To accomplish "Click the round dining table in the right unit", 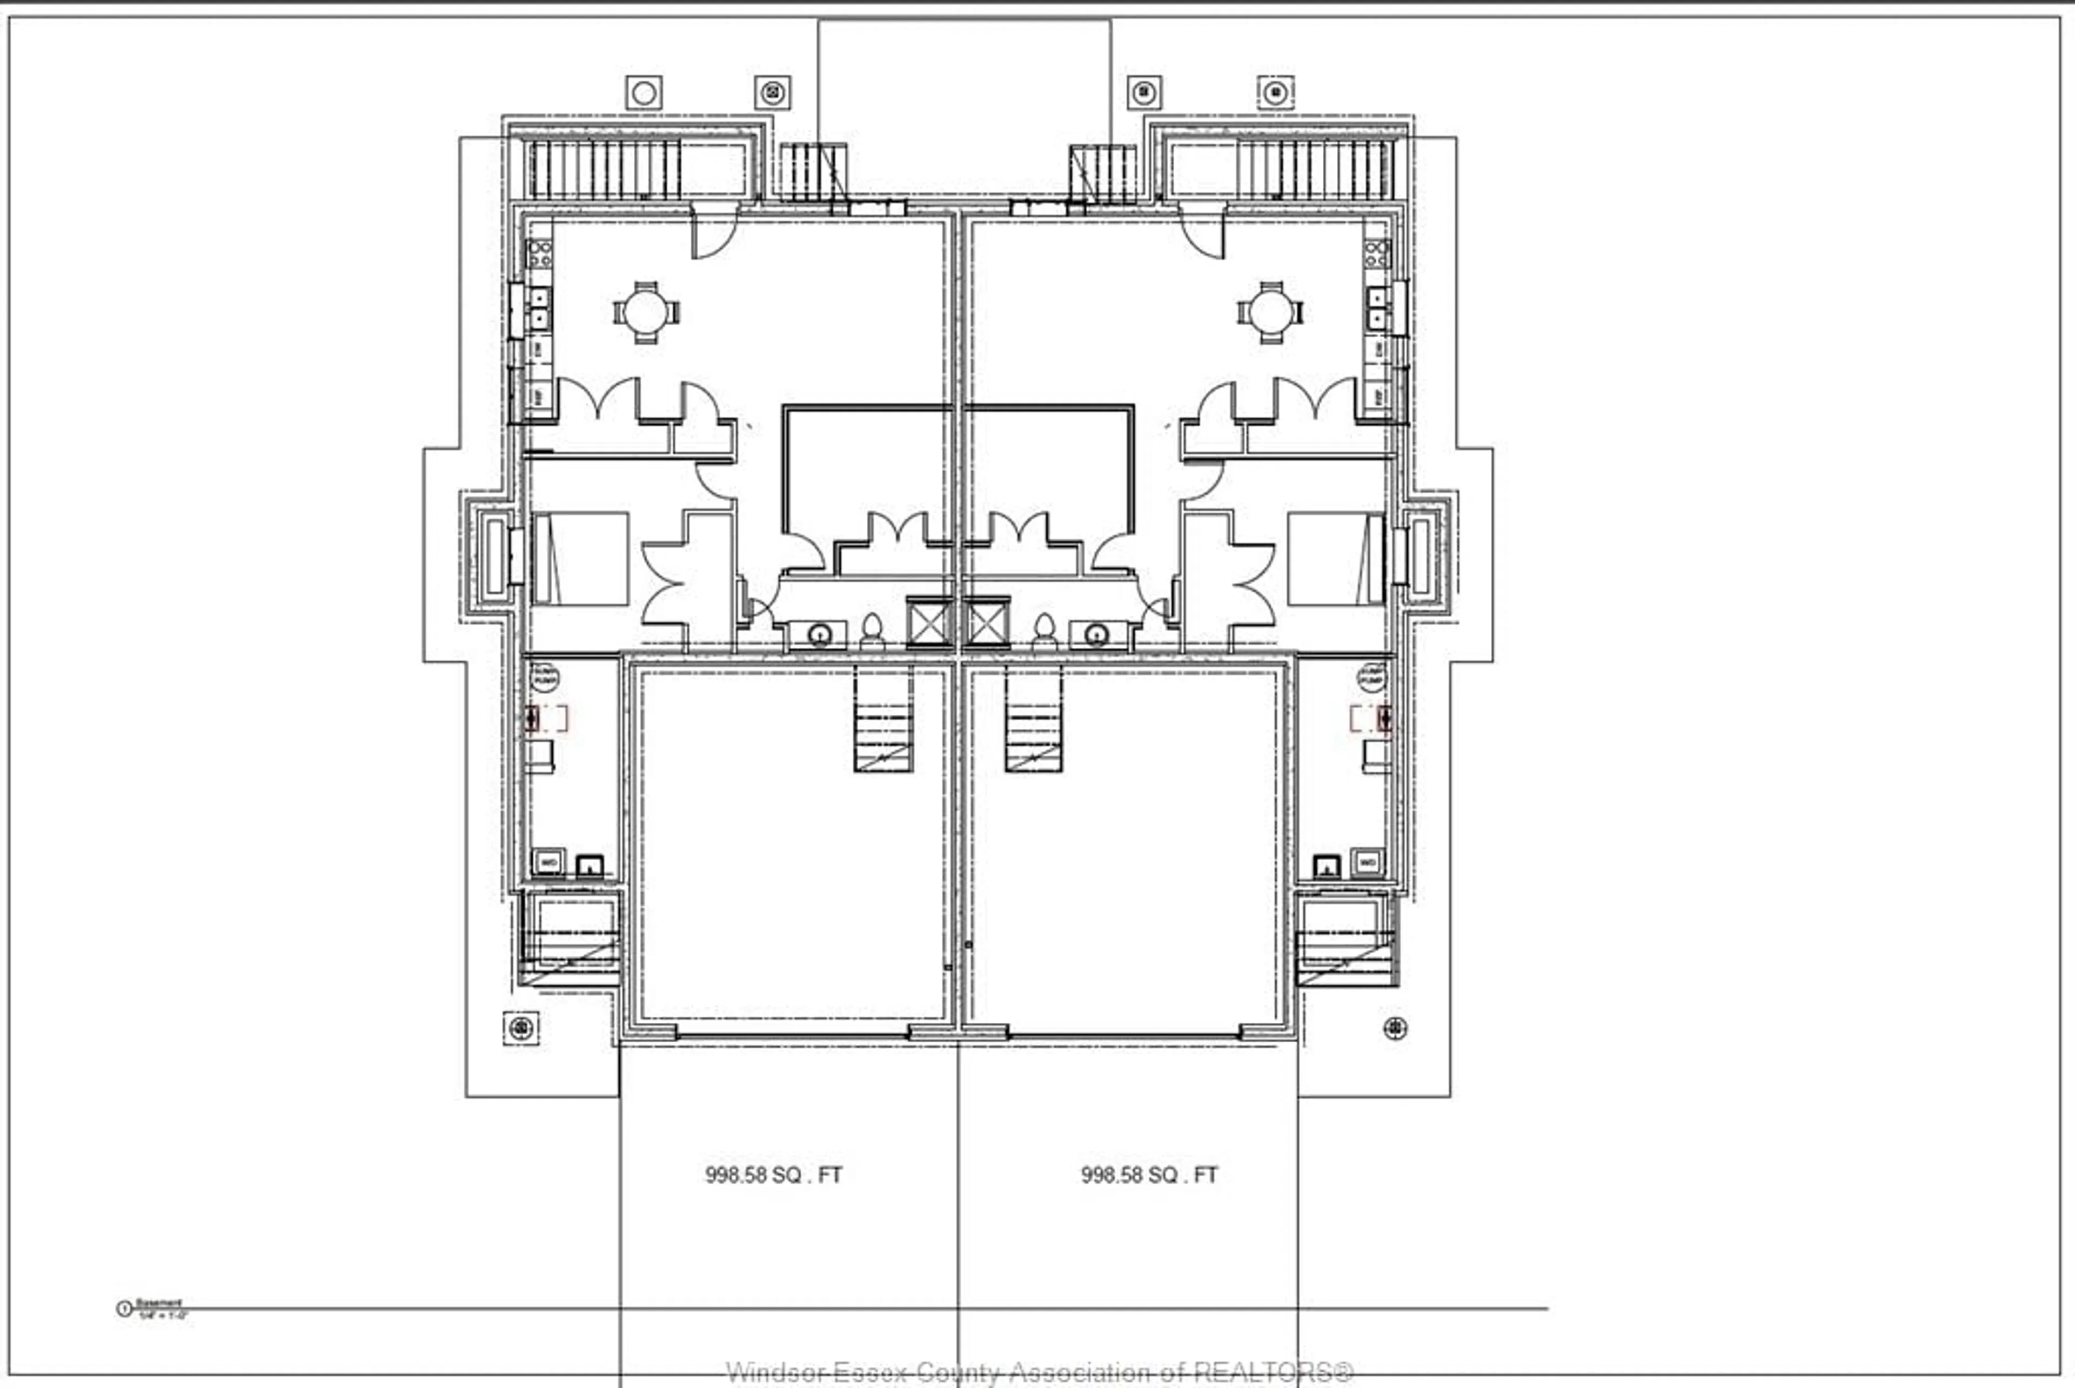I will point(1270,312).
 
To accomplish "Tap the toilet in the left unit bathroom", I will point(872,631).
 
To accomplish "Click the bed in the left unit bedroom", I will point(581,559).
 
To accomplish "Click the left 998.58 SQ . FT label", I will point(773,1175).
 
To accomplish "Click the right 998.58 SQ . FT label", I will point(1148,1175).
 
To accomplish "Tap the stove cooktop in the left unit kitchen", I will point(539,254).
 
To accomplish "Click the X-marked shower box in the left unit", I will point(928,623).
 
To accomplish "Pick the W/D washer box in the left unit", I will point(548,861).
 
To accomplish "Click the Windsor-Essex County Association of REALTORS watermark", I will point(1039,1373).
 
